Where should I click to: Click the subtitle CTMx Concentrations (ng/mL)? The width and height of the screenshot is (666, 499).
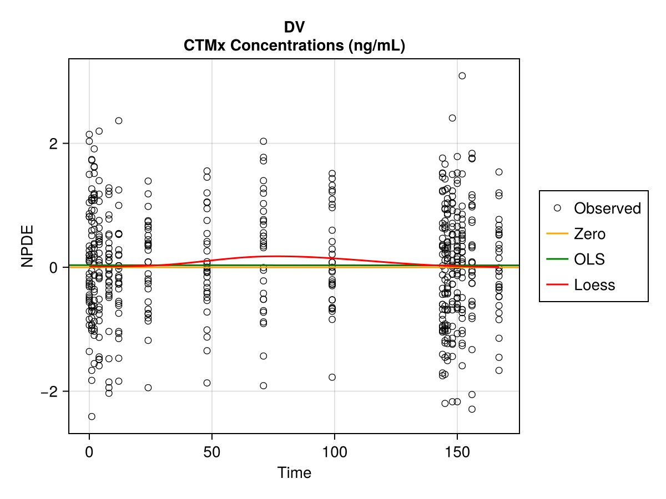(x=294, y=45)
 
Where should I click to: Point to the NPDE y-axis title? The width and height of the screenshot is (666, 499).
(x=28, y=246)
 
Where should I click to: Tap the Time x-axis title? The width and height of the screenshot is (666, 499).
(x=294, y=473)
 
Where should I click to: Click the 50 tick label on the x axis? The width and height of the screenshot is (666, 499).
(x=212, y=451)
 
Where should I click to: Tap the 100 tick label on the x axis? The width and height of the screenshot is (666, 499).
(x=335, y=451)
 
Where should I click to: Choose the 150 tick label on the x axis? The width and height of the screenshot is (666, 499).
(x=457, y=451)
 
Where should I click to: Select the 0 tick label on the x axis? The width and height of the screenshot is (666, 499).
(x=89, y=451)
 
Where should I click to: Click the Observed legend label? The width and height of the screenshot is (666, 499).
(x=607, y=208)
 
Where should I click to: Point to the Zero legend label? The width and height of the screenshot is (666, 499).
(x=589, y=234)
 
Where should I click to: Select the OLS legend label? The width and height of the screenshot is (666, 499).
(x=589, y=259)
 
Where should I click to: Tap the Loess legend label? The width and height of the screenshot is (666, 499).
(x=594, y=285)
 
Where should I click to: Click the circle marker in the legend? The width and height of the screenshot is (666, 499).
(x=558, y=208)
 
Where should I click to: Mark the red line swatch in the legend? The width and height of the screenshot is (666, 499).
(x=558, y=285)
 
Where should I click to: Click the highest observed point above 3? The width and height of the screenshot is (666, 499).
(x=462, y=75)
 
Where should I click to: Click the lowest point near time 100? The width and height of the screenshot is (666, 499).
(x=332, y=377)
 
